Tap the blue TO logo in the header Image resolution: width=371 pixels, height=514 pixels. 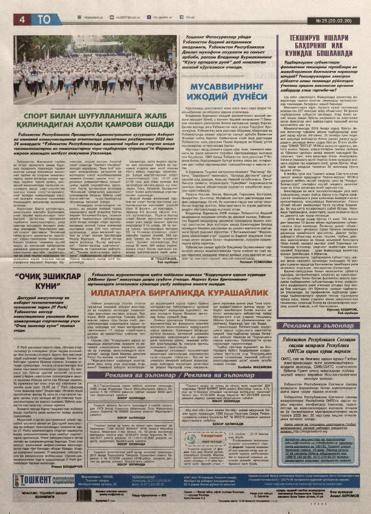[x=43, y=19]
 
